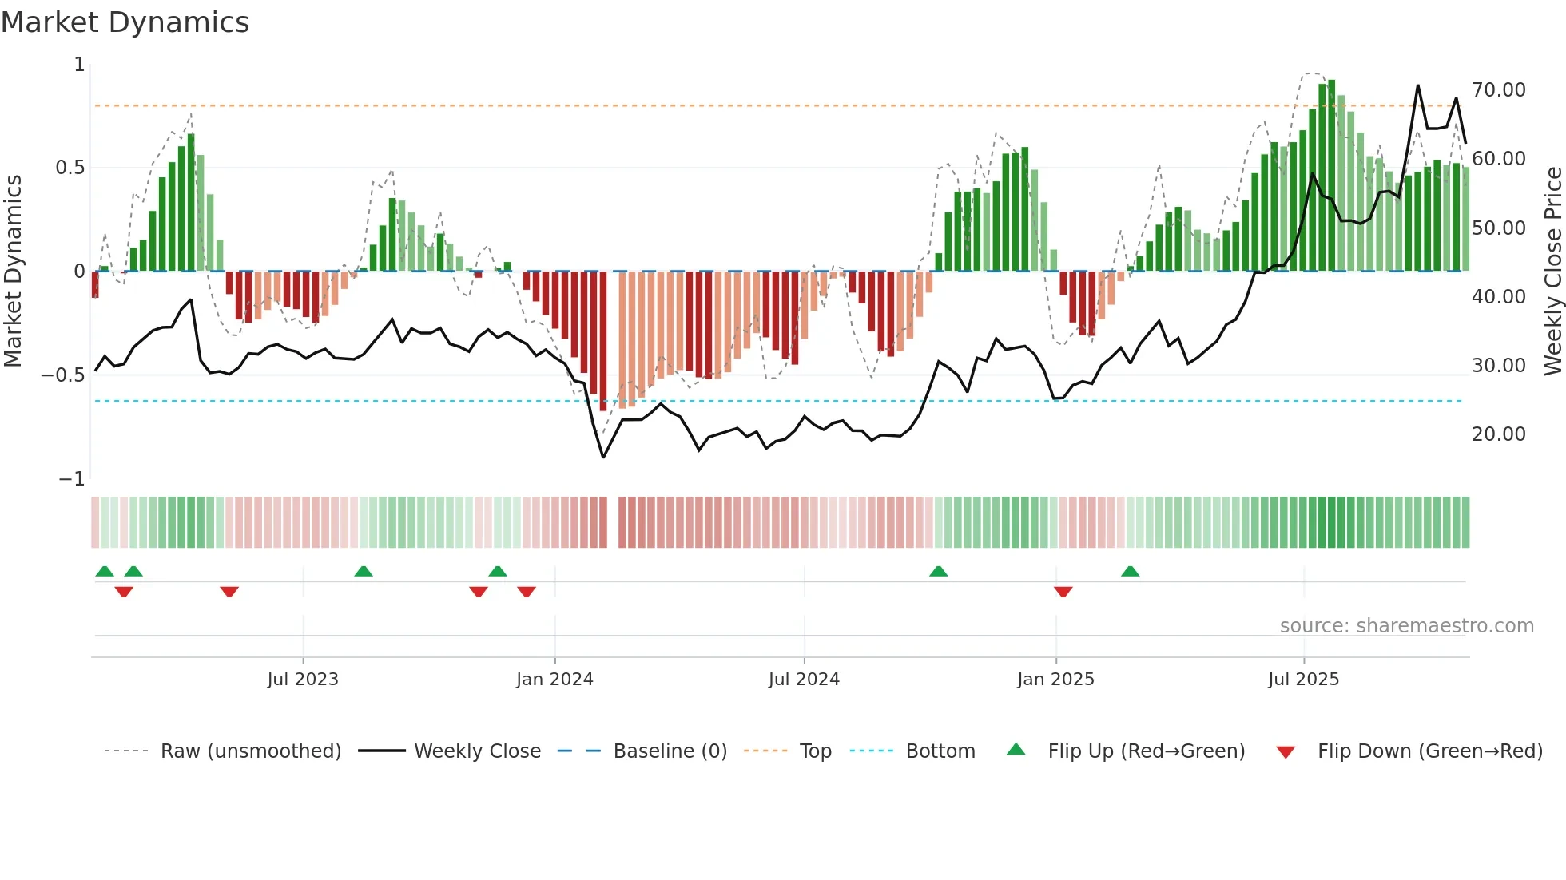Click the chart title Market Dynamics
(125, 22)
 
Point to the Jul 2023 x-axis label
(303, 680)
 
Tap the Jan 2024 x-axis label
(554, 680)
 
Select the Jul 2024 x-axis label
(804, 680)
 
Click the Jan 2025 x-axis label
(1055, 680)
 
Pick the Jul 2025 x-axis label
(1303, 680)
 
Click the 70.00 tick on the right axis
(1498, 90)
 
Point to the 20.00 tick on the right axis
(1498, 434)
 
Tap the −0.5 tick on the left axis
(63, 375)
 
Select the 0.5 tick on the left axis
(70, 168)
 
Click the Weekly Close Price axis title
(1552, 272)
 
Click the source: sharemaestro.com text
(1406, 626)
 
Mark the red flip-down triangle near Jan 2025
(1063, 592)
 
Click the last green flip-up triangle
(1130, 571)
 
